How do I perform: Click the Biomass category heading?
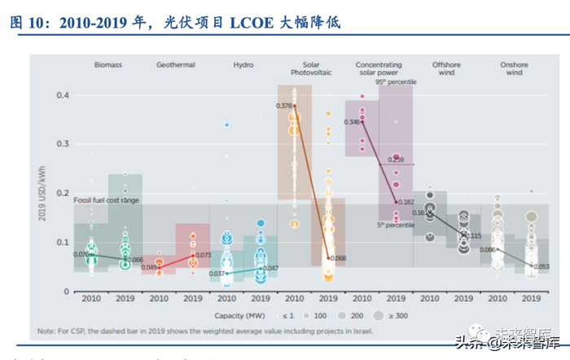point(107,64)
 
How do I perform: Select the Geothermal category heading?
point(175,64)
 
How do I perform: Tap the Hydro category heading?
point(243,64)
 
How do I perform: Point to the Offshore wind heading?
point(446,68)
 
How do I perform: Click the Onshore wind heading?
point(514,68)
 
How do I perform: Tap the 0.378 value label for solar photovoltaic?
point(284,106)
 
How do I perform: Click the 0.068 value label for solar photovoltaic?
point(338,259)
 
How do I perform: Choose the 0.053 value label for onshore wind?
point(540,266)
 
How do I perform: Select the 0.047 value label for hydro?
point(270,268)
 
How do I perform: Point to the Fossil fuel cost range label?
point(107,200)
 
